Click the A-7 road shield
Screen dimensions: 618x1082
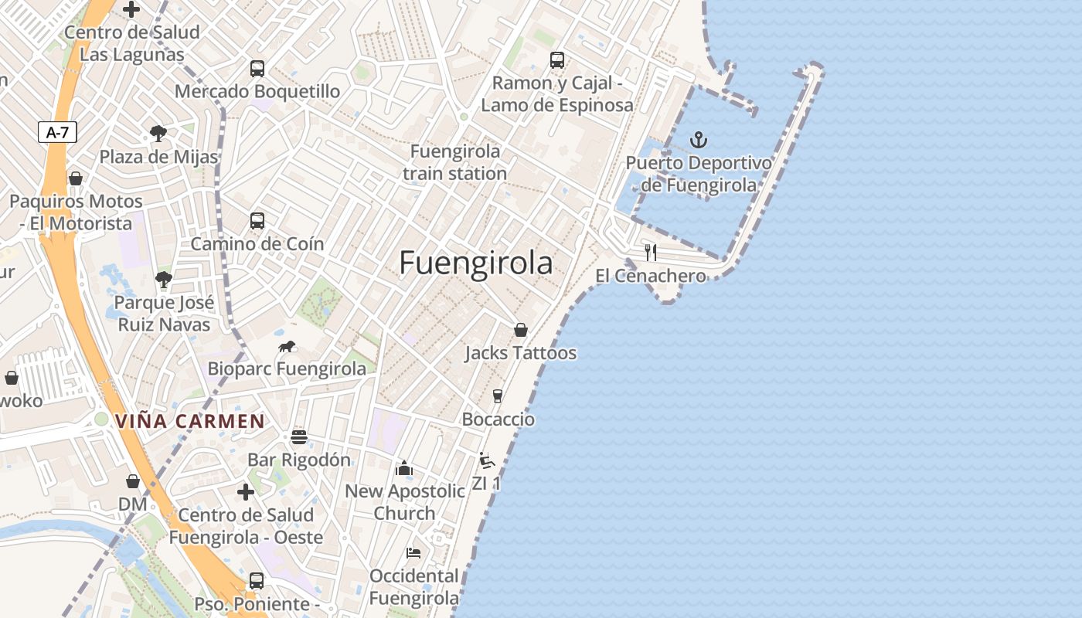(57, 132)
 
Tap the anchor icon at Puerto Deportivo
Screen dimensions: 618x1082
(699, 140)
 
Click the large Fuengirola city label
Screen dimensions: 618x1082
(476, 263)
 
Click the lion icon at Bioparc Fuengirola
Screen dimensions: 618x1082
(288, 347)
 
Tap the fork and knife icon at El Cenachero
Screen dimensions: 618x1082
(651, 253)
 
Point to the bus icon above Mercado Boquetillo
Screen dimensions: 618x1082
(257, 69)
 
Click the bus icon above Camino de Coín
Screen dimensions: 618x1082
(257, 221)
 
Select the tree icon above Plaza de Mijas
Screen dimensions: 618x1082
(158, 134)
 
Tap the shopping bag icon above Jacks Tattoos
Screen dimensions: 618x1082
(521, 330)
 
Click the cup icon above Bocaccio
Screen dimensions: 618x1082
(498, 396)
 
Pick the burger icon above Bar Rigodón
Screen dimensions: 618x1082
(299, 437)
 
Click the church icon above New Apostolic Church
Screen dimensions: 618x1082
(403, 468)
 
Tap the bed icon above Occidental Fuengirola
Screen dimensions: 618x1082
(413, 553)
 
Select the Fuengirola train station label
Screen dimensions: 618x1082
(454, 162)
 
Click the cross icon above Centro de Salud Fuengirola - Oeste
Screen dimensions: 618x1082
(246, 492)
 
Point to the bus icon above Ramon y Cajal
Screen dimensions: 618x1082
(557, 60)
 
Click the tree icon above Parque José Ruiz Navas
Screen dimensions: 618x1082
(163, 280)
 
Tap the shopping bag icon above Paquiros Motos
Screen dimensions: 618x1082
(76, 178)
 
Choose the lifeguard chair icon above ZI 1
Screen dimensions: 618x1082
(486, 461)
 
